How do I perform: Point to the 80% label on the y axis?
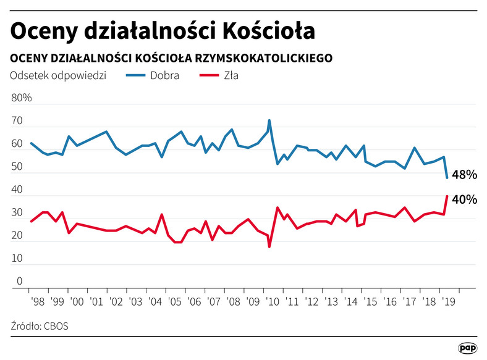click(22, 98)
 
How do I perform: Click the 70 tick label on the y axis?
click(17, 122)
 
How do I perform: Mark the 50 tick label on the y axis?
click(17, 167)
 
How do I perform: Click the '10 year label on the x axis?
click(272, 301)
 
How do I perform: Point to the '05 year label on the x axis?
click(175, 301)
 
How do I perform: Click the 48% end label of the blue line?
click(464, 175)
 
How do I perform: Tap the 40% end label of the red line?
click(464, 200)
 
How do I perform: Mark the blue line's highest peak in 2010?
click(269, 120)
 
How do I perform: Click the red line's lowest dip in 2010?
click(269, 246)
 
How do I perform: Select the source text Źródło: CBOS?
click(40, 325)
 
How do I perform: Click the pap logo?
click(467, 348)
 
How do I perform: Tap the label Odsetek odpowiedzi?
click(59, 76)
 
